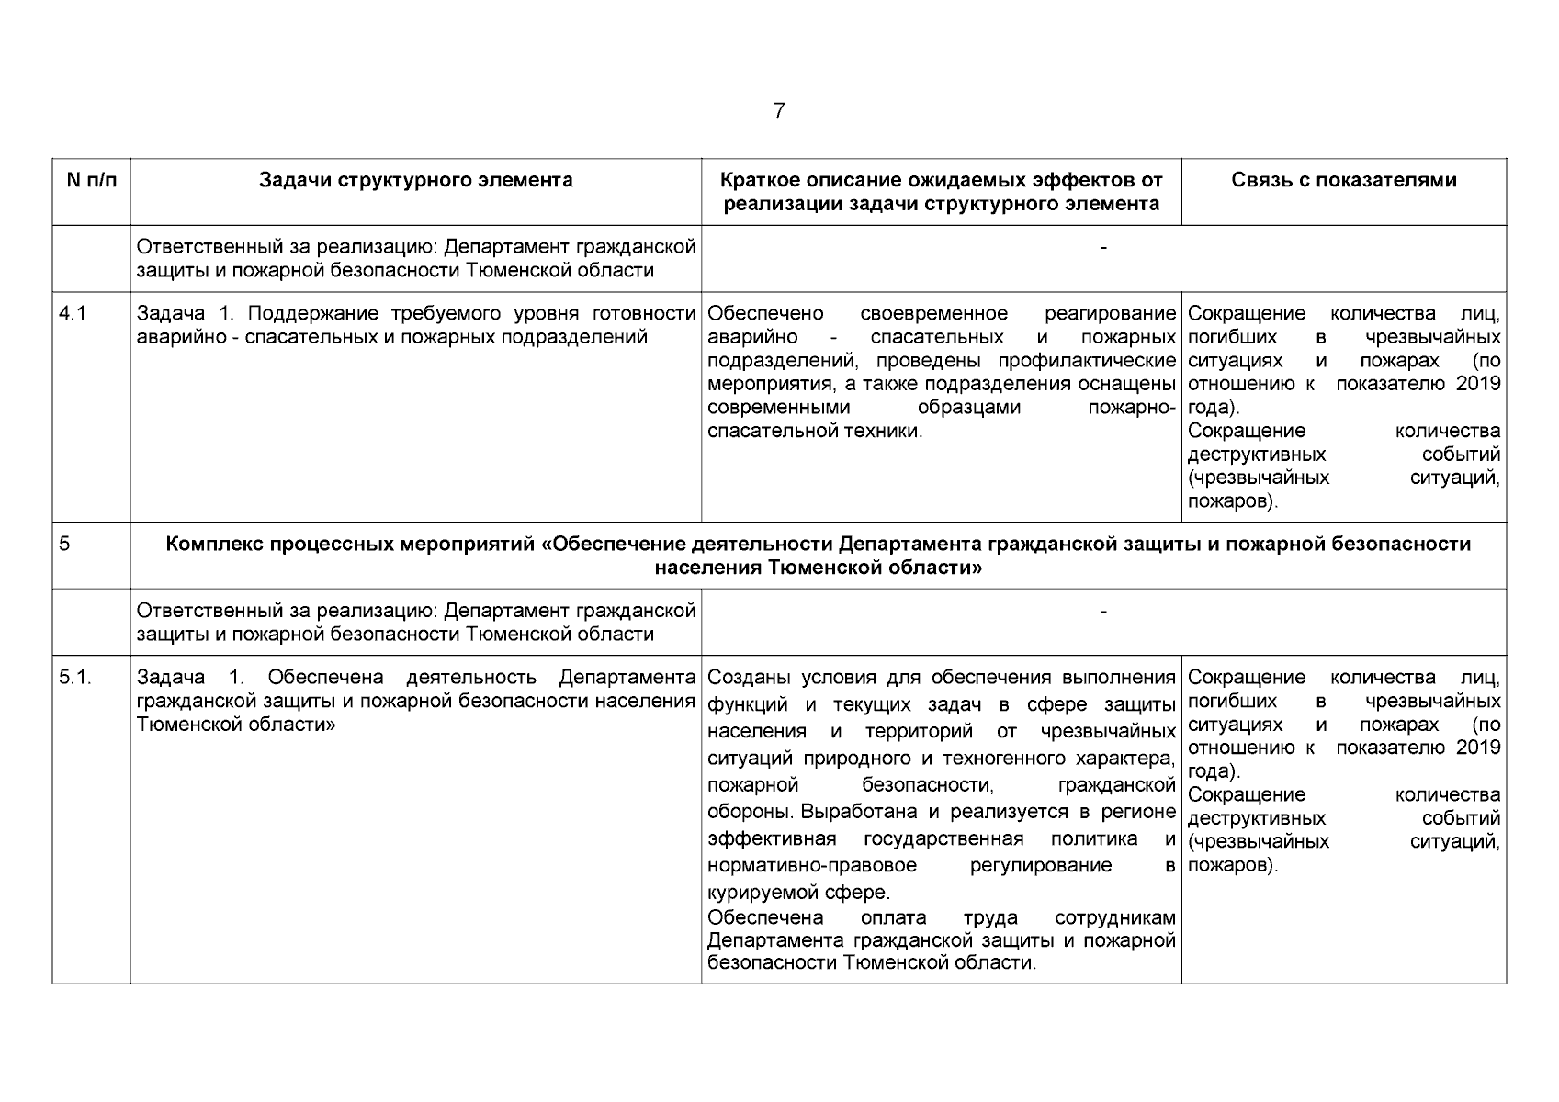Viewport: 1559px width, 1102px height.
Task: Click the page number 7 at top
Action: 779,112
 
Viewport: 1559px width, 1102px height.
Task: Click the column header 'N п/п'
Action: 92,180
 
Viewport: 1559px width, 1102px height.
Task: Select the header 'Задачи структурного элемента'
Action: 415,180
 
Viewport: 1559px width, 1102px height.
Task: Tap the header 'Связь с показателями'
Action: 1343,180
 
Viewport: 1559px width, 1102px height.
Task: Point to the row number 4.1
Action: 72,314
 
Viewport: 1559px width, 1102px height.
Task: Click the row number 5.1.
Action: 75,678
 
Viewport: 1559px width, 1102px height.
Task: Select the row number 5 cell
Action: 64,544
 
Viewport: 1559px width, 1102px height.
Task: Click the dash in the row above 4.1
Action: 1103,247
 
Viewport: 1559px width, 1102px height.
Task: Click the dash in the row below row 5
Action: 1103,611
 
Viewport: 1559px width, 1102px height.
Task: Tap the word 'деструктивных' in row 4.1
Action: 1256,455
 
